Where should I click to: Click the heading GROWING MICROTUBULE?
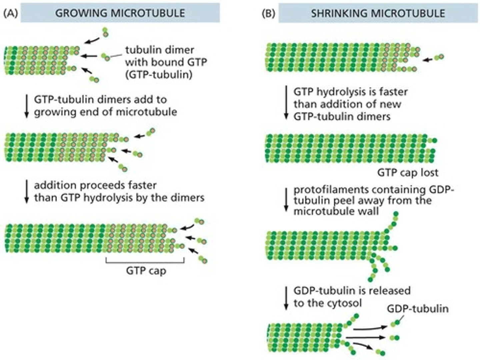tap(120, 13)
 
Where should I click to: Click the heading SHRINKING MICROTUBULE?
tap(378, 13)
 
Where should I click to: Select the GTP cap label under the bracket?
tap(146, 270)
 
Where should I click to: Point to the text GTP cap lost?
tap(407, 172)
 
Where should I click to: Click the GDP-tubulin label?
tap(417, 309)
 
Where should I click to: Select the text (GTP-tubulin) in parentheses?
tap(159, 74)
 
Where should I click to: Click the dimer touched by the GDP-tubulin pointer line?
tap(395, 323)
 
